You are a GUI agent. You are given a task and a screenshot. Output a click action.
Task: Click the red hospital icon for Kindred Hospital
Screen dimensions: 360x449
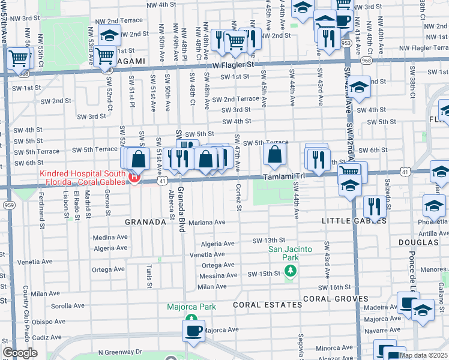click(135, 177)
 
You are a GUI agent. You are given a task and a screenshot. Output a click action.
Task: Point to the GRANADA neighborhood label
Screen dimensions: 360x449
click(145, 222)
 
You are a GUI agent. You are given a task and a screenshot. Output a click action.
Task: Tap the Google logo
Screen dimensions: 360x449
click(20, 353)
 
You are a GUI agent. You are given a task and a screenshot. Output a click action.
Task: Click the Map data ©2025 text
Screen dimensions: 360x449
click(423, 355)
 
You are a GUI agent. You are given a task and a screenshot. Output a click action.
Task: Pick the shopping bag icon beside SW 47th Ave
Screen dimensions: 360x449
click(274, 155)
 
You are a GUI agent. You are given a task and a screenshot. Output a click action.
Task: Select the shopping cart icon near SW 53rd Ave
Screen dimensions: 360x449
click(106, 56)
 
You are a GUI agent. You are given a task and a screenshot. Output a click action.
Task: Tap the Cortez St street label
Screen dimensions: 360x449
click(239, 197)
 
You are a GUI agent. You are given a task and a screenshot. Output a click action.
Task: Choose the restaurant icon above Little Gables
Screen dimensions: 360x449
click(375, 206)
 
